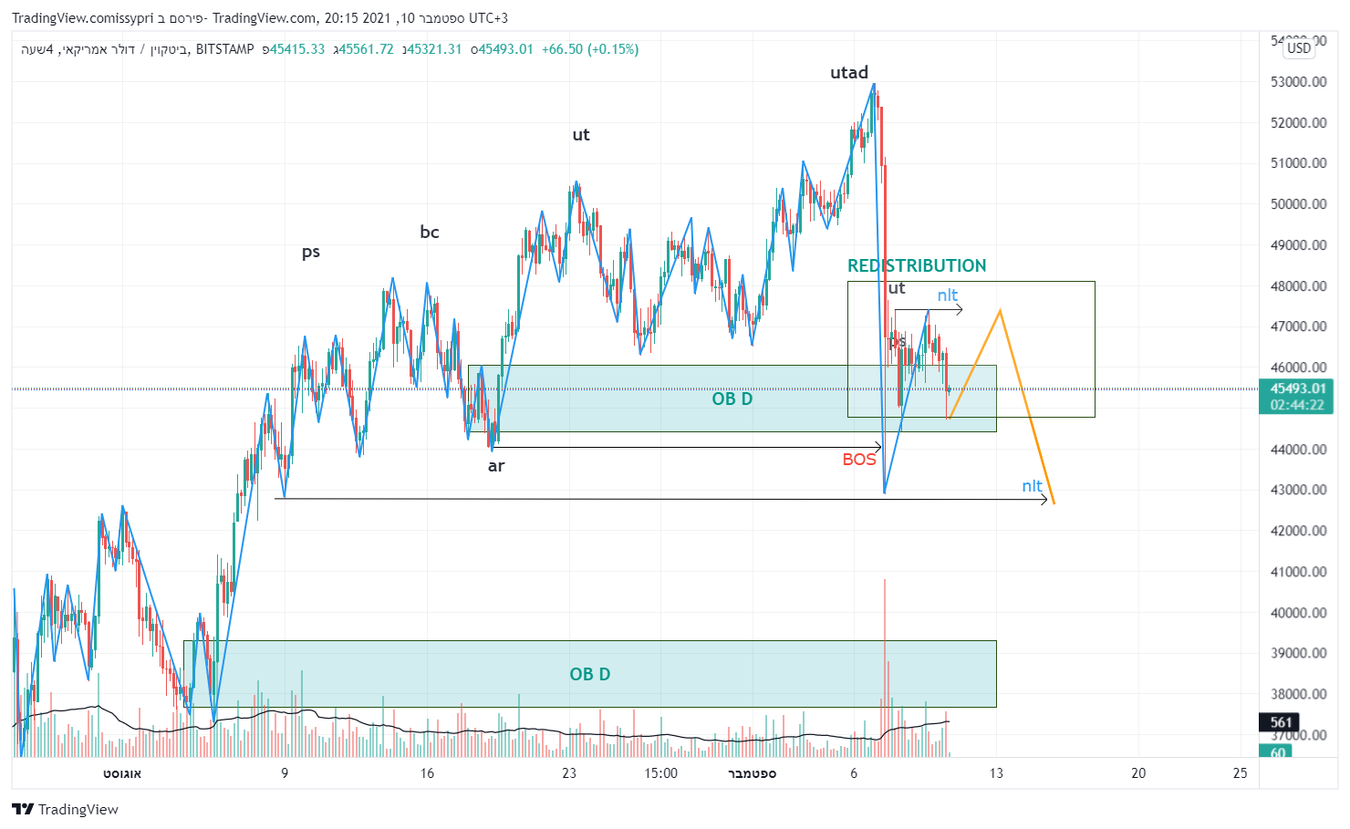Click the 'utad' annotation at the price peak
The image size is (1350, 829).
pyautogui.click(x=848, y=73)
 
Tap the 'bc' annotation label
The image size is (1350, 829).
pyautogui.click(x=430, y=233)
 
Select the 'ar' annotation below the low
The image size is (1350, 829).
pyautogui.click(x=496, y=466)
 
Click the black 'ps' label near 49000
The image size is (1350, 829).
pyautogui.click(x=311, y=252)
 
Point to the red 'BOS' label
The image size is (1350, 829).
pyautogui.click(x=859, y=460)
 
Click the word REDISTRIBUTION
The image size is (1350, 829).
pyautogui.click(x=917, y=265)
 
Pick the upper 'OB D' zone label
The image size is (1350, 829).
pyautogui.click(x=732, y=399)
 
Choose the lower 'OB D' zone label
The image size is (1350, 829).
pyautogui.click(x=590, y=674)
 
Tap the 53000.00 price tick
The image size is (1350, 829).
pyautogui.click(x=1298, y=82)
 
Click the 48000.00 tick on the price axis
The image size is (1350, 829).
pyautogui.click(x=1298, y=286)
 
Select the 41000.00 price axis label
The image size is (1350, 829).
pyautogui.click(x=1298, y=573)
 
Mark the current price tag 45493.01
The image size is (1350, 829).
pyautogui.click(x=1297, y=389)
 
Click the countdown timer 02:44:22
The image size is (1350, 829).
pyautogui.click(x=1297, y=405)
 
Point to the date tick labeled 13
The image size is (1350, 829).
pyautogui.click(x=996, y=773)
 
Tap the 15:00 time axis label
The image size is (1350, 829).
pyautogui.click(x=660, y=773)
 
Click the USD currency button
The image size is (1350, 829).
pyautogui.click(x=1299, y=48)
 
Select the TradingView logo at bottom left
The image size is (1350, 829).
pyautogui.click(x=66, y=809)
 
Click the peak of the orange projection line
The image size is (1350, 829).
pyautogui.click(x=1001, y=311)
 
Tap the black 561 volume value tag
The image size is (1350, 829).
pyautogui.click(x=1281, y=722)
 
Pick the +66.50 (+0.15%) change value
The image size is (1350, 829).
pyautogui.click(x=590, y=49)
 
